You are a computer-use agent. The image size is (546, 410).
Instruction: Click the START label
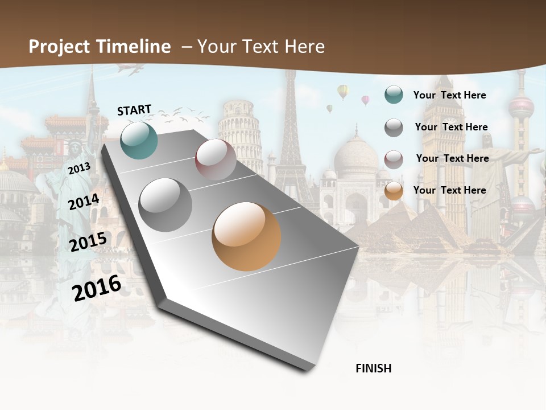point(134,110)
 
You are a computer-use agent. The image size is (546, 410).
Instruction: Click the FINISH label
point(373,368)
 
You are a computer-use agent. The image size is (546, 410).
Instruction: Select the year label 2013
point(79,169)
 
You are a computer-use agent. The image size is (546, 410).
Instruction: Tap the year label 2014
point(84,202)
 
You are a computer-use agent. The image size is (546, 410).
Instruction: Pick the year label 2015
point(88,242)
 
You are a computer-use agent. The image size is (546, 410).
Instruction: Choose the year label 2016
point(97,288)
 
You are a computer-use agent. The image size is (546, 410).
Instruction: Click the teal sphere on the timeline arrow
point(139,140)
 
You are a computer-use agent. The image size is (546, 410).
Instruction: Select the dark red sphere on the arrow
point(216,159)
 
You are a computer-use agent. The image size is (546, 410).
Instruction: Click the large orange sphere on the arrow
point(246,236)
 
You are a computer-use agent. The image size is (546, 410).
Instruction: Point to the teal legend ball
point(394,95)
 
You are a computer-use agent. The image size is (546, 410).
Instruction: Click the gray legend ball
point(394,128)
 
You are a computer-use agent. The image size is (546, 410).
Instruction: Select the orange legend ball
point(394,191)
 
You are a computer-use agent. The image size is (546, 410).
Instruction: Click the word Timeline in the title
point(134,47)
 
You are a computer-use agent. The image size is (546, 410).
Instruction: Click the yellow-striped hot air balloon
point(342,91)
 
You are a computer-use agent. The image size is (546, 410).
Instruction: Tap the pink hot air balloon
point(365,100)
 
